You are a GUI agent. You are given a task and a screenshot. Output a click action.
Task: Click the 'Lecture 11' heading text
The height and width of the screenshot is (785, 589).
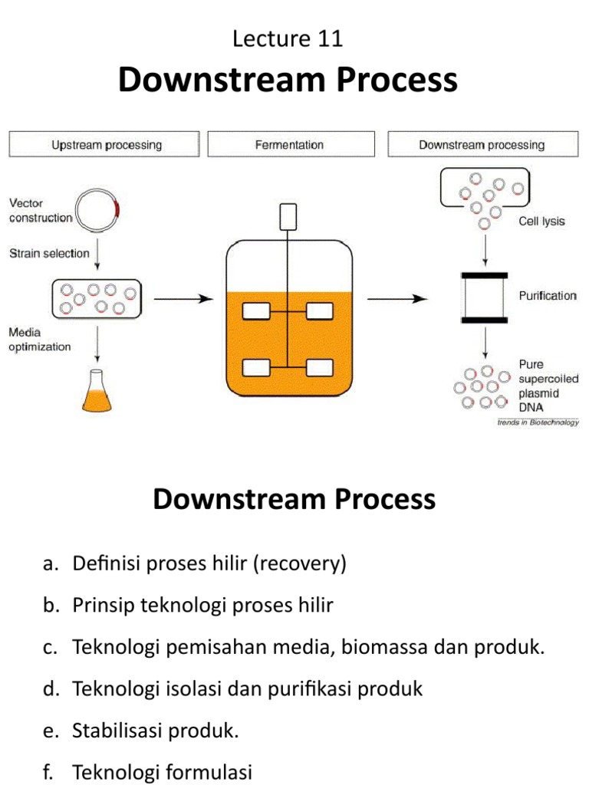tap(288, 39)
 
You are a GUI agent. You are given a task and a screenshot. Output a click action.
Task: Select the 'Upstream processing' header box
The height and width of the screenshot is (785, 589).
tap(106, 145)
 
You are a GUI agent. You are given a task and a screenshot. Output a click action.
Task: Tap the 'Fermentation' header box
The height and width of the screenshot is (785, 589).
tap(289, 145)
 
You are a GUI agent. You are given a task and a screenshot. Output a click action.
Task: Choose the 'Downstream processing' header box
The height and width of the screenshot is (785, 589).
tap(482, 145)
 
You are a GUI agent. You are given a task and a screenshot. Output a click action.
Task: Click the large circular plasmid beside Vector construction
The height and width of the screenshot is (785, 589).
tap(99, 208)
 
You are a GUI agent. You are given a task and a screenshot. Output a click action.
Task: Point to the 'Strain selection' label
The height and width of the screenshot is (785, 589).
tap(49, 253)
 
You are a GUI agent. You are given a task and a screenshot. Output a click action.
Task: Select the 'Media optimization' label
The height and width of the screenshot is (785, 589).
tap(40, 340)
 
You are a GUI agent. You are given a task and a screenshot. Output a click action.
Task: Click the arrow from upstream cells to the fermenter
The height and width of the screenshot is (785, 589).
tap(183, 298)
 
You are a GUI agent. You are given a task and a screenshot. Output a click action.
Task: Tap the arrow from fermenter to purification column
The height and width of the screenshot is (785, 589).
tap(396, 298)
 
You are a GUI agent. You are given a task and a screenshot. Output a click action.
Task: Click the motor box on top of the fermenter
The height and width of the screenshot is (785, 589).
tap(288, 217)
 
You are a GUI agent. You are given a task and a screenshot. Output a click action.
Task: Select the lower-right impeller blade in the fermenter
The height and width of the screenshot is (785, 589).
tap(320, 368)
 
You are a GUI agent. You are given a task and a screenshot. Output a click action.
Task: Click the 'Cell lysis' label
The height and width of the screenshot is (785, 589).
tap(538, 222)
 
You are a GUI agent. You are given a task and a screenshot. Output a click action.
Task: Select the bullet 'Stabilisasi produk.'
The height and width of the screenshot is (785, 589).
tap(156, 731)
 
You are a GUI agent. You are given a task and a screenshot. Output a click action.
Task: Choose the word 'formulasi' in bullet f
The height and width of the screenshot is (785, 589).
tap(206, 772)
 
